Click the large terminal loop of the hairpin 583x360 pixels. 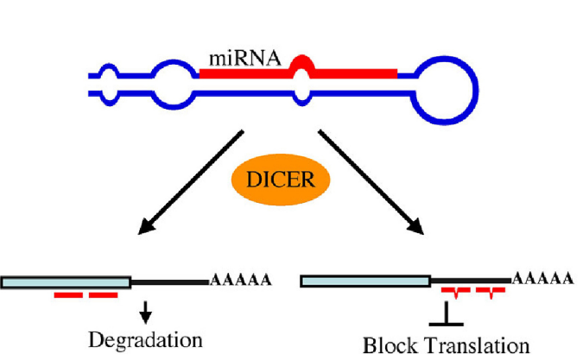tap(446, 89)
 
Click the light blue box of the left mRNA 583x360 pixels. tap(66, 281)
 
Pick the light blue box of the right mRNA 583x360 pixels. tap(364, 281)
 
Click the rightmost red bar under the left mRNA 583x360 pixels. tap(103, 295)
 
